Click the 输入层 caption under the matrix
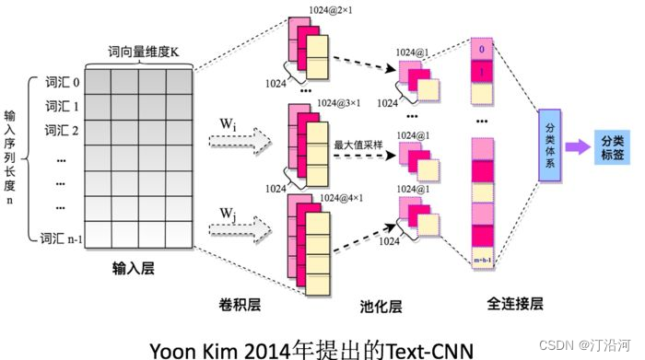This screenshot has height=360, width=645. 132,268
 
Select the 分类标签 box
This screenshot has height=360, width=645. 611,145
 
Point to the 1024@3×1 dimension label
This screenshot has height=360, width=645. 339,103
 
